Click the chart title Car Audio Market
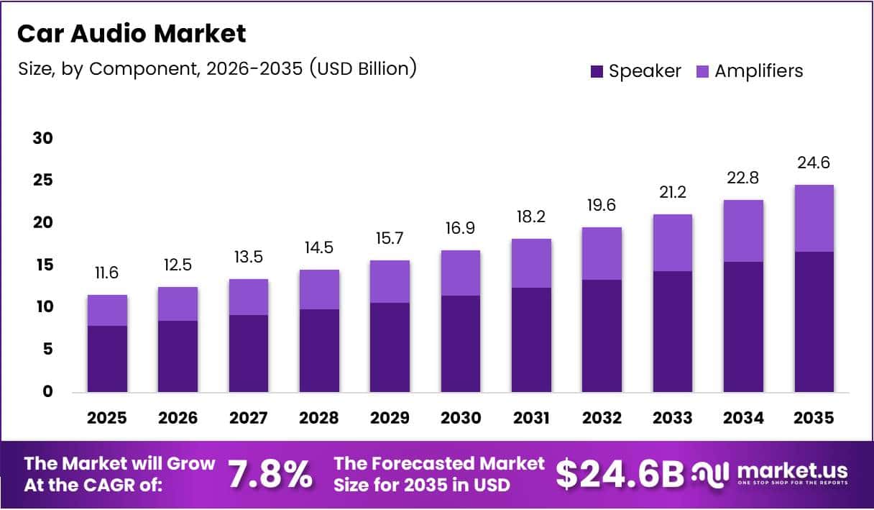[x=131, y=33]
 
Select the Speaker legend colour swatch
[x=597, y=71]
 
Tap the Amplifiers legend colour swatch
[x=702, y=71]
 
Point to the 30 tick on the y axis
[x=43, y=138]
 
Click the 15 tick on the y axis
[x=43, y=265]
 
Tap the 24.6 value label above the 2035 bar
[x=814, y=163]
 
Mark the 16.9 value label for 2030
[x=461, y=229]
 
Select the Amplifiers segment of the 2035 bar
[x=814, y=218]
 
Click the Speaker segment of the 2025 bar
[x=107, y=358]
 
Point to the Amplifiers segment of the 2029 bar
[x=390, y=281]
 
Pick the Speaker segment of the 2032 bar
[x=602, y=335]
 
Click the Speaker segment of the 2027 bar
[x=249, y=353]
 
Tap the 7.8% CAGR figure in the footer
[x=270, y=475]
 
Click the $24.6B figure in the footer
[x=620, y=474]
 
